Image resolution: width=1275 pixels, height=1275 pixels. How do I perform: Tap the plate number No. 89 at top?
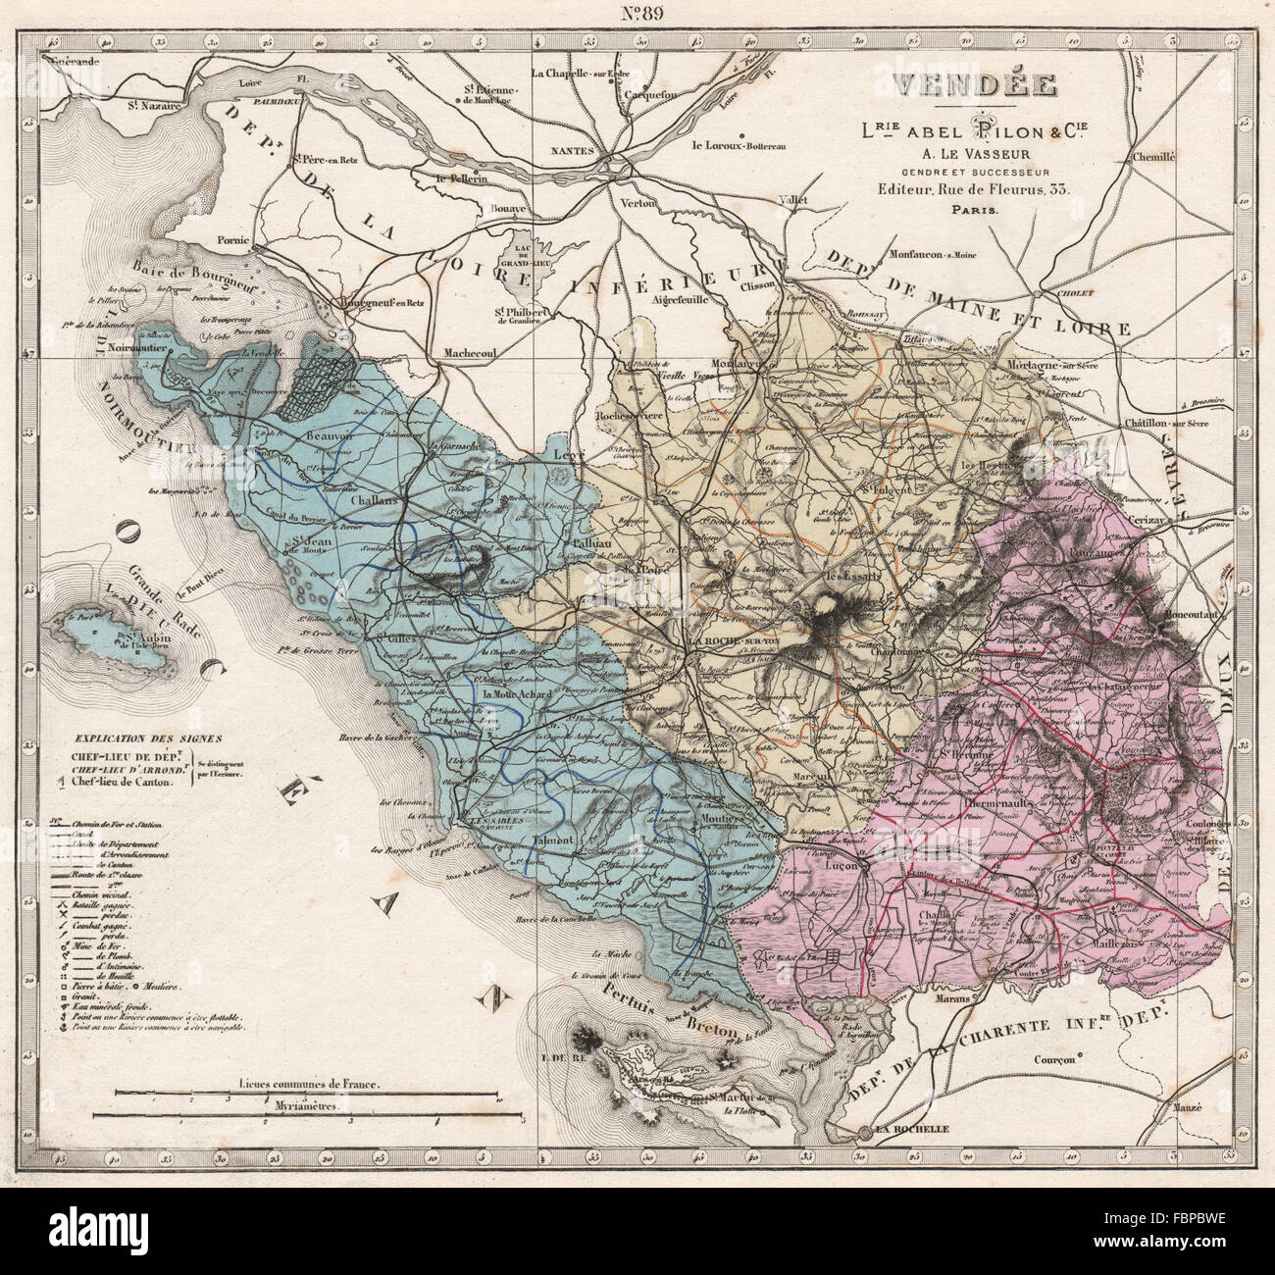[x=637, y=14]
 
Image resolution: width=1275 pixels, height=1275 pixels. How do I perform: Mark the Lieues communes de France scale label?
[x=309, y=1086]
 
